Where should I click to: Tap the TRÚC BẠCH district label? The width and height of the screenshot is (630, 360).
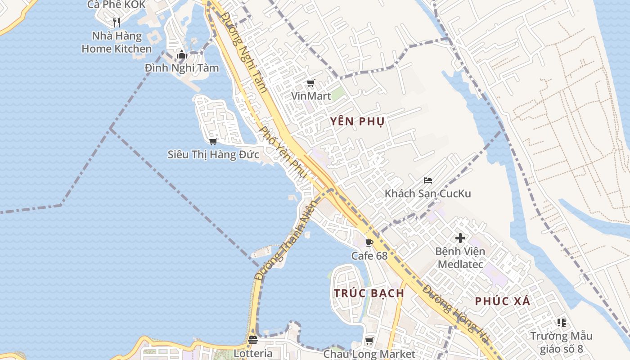click(x=369, y=293)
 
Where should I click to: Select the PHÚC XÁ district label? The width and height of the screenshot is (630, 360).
click(x=503, y=301)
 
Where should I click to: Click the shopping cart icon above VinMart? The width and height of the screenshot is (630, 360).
click(x=310, y=83)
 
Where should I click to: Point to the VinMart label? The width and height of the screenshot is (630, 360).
click(x=311, y=96)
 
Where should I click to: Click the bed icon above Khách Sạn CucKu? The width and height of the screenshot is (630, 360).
click(x=428, y=180)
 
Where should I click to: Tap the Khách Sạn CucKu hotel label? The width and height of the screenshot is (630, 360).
click(x=427, y=193)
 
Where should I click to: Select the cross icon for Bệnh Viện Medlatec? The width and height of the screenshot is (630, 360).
click(x=460, y=238)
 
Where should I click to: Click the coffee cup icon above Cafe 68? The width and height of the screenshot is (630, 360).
click(x=369, y=243)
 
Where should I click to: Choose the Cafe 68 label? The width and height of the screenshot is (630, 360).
click(x=369, y=256)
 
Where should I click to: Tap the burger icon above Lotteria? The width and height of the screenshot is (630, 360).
click(x=253, y=340)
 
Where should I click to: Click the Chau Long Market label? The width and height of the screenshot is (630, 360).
click(x=369, y=354)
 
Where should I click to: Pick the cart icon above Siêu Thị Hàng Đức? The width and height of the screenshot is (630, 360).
click(x=213, y=141)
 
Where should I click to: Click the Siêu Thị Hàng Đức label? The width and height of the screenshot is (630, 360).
click(x=213, y=154)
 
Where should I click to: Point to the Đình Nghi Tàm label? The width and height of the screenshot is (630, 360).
click(x=182, y=68)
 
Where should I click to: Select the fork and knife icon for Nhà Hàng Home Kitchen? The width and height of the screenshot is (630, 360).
click(x=117, y=22)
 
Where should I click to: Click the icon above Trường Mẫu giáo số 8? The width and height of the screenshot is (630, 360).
click(x=561, y=322)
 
